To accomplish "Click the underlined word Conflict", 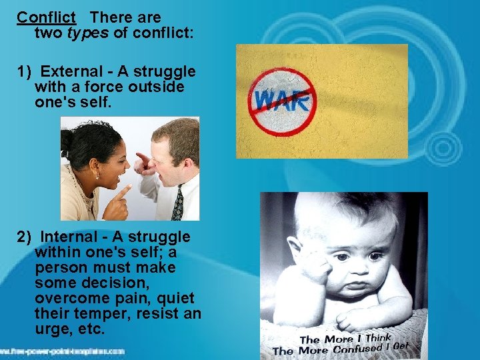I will click(47, 17).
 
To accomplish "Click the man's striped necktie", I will click(177, 203).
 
